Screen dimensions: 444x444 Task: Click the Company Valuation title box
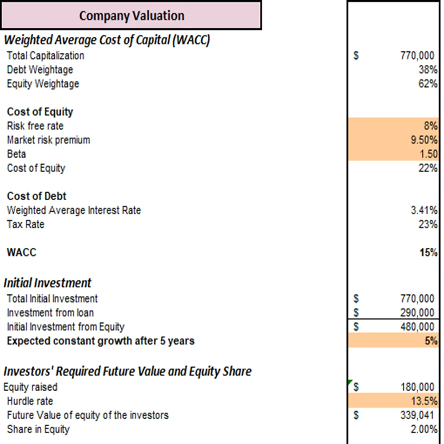pos(131,16)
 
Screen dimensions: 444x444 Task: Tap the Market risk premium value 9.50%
pos(424,140)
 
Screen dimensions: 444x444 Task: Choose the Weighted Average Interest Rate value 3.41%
pos(424,210)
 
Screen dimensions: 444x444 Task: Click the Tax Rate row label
pos(26,224)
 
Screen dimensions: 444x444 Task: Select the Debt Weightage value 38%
pos(429,70)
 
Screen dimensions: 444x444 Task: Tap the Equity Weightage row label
pos(43,84)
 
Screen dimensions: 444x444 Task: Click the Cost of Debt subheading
pos(37,196)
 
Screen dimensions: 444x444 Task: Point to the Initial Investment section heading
pos(48,283)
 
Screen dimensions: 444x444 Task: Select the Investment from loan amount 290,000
pos(417,313)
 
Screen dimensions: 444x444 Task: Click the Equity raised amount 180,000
pos(417,387)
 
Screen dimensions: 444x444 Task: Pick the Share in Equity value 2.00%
pos(425,429)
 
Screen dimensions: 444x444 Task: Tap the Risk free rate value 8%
pos(431,126)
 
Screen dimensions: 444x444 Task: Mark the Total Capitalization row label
pos(45,55)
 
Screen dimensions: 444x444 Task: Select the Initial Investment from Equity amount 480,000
pos(417,327)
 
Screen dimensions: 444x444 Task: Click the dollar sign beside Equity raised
pos(356,387)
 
